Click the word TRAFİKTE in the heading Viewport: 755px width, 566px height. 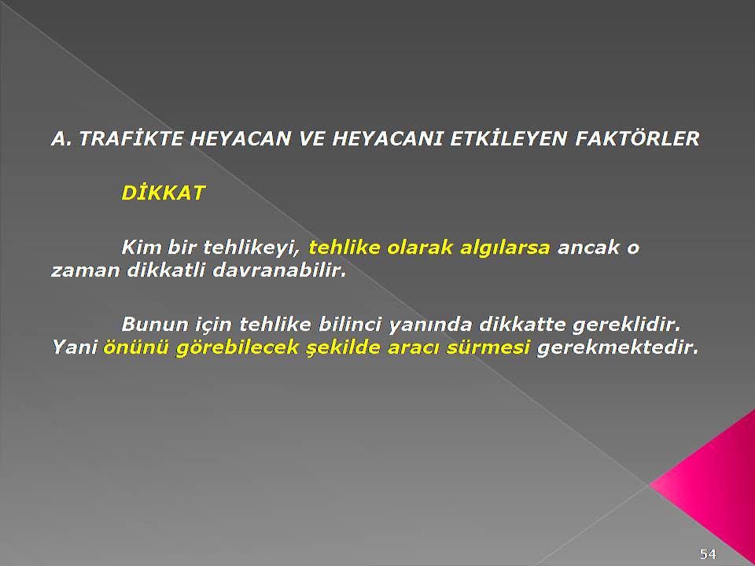[131, 138]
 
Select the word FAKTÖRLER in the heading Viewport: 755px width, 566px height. [637, 138]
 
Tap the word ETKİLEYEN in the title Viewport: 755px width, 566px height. [509, 138]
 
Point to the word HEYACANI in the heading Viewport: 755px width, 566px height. [387, 138]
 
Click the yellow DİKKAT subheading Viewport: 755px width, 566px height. [164, 193]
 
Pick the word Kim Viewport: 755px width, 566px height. [141, 248]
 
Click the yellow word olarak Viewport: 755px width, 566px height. [420, 248]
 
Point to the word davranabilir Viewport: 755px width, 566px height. [279, 270]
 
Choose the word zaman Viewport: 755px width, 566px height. [85, 271]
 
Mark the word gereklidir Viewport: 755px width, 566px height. [627, 325]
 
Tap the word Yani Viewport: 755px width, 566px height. [74, 347]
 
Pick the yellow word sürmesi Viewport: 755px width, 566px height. [488, 347]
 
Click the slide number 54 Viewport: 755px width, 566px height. [709, 554]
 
